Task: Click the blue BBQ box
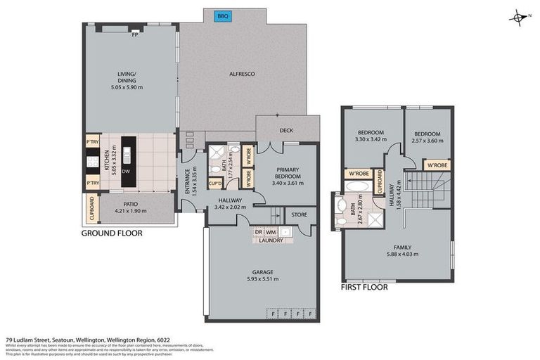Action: coord(224,15)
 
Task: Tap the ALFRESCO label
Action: coord(242,73)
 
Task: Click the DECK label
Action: coord(285,130)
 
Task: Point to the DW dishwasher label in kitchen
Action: coord(126,170)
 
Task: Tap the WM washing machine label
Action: coord(271,231)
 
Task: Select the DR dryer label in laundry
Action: coord(259,231)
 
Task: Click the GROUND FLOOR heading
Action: coord(112,233)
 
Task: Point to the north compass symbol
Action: coord(519,17)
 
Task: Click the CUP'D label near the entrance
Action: coord(216,184)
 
